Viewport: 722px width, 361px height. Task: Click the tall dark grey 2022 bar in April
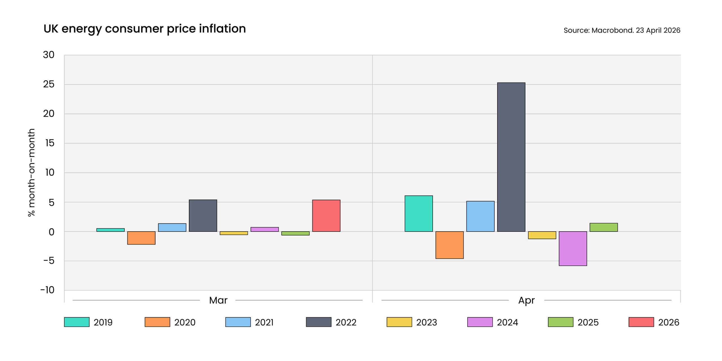(x=511, y=157)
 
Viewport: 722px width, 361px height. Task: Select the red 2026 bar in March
(x=326, y=215)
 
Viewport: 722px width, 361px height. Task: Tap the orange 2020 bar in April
(x=449, y=245)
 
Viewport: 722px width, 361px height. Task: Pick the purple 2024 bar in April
(x=573, y=248)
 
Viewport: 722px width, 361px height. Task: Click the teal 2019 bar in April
(x=419, y=213)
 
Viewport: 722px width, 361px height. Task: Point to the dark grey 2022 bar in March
(x=203, y=215)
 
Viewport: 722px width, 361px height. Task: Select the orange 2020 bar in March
(x=141, y=238)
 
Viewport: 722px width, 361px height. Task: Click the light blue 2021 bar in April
(x=480, y=216)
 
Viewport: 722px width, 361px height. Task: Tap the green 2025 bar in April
(x=604, y=227)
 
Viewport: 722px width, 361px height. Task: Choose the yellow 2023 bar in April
(x=542, y=235)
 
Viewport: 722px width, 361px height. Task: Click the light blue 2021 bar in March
(x=172, y=227)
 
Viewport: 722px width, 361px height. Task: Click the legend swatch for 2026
(x=641, y=322)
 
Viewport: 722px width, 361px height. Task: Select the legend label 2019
(x=103, y=322)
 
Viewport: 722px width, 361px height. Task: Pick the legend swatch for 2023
(x=399, y=322)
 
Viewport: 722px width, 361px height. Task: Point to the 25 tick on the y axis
(x=49, y=84)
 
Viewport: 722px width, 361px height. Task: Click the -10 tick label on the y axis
(x=47, y=290)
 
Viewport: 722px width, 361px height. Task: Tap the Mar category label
(x=218, y=300)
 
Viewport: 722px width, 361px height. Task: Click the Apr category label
(x=526, y=301)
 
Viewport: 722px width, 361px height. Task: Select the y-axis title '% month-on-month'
(x=31, y=173)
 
